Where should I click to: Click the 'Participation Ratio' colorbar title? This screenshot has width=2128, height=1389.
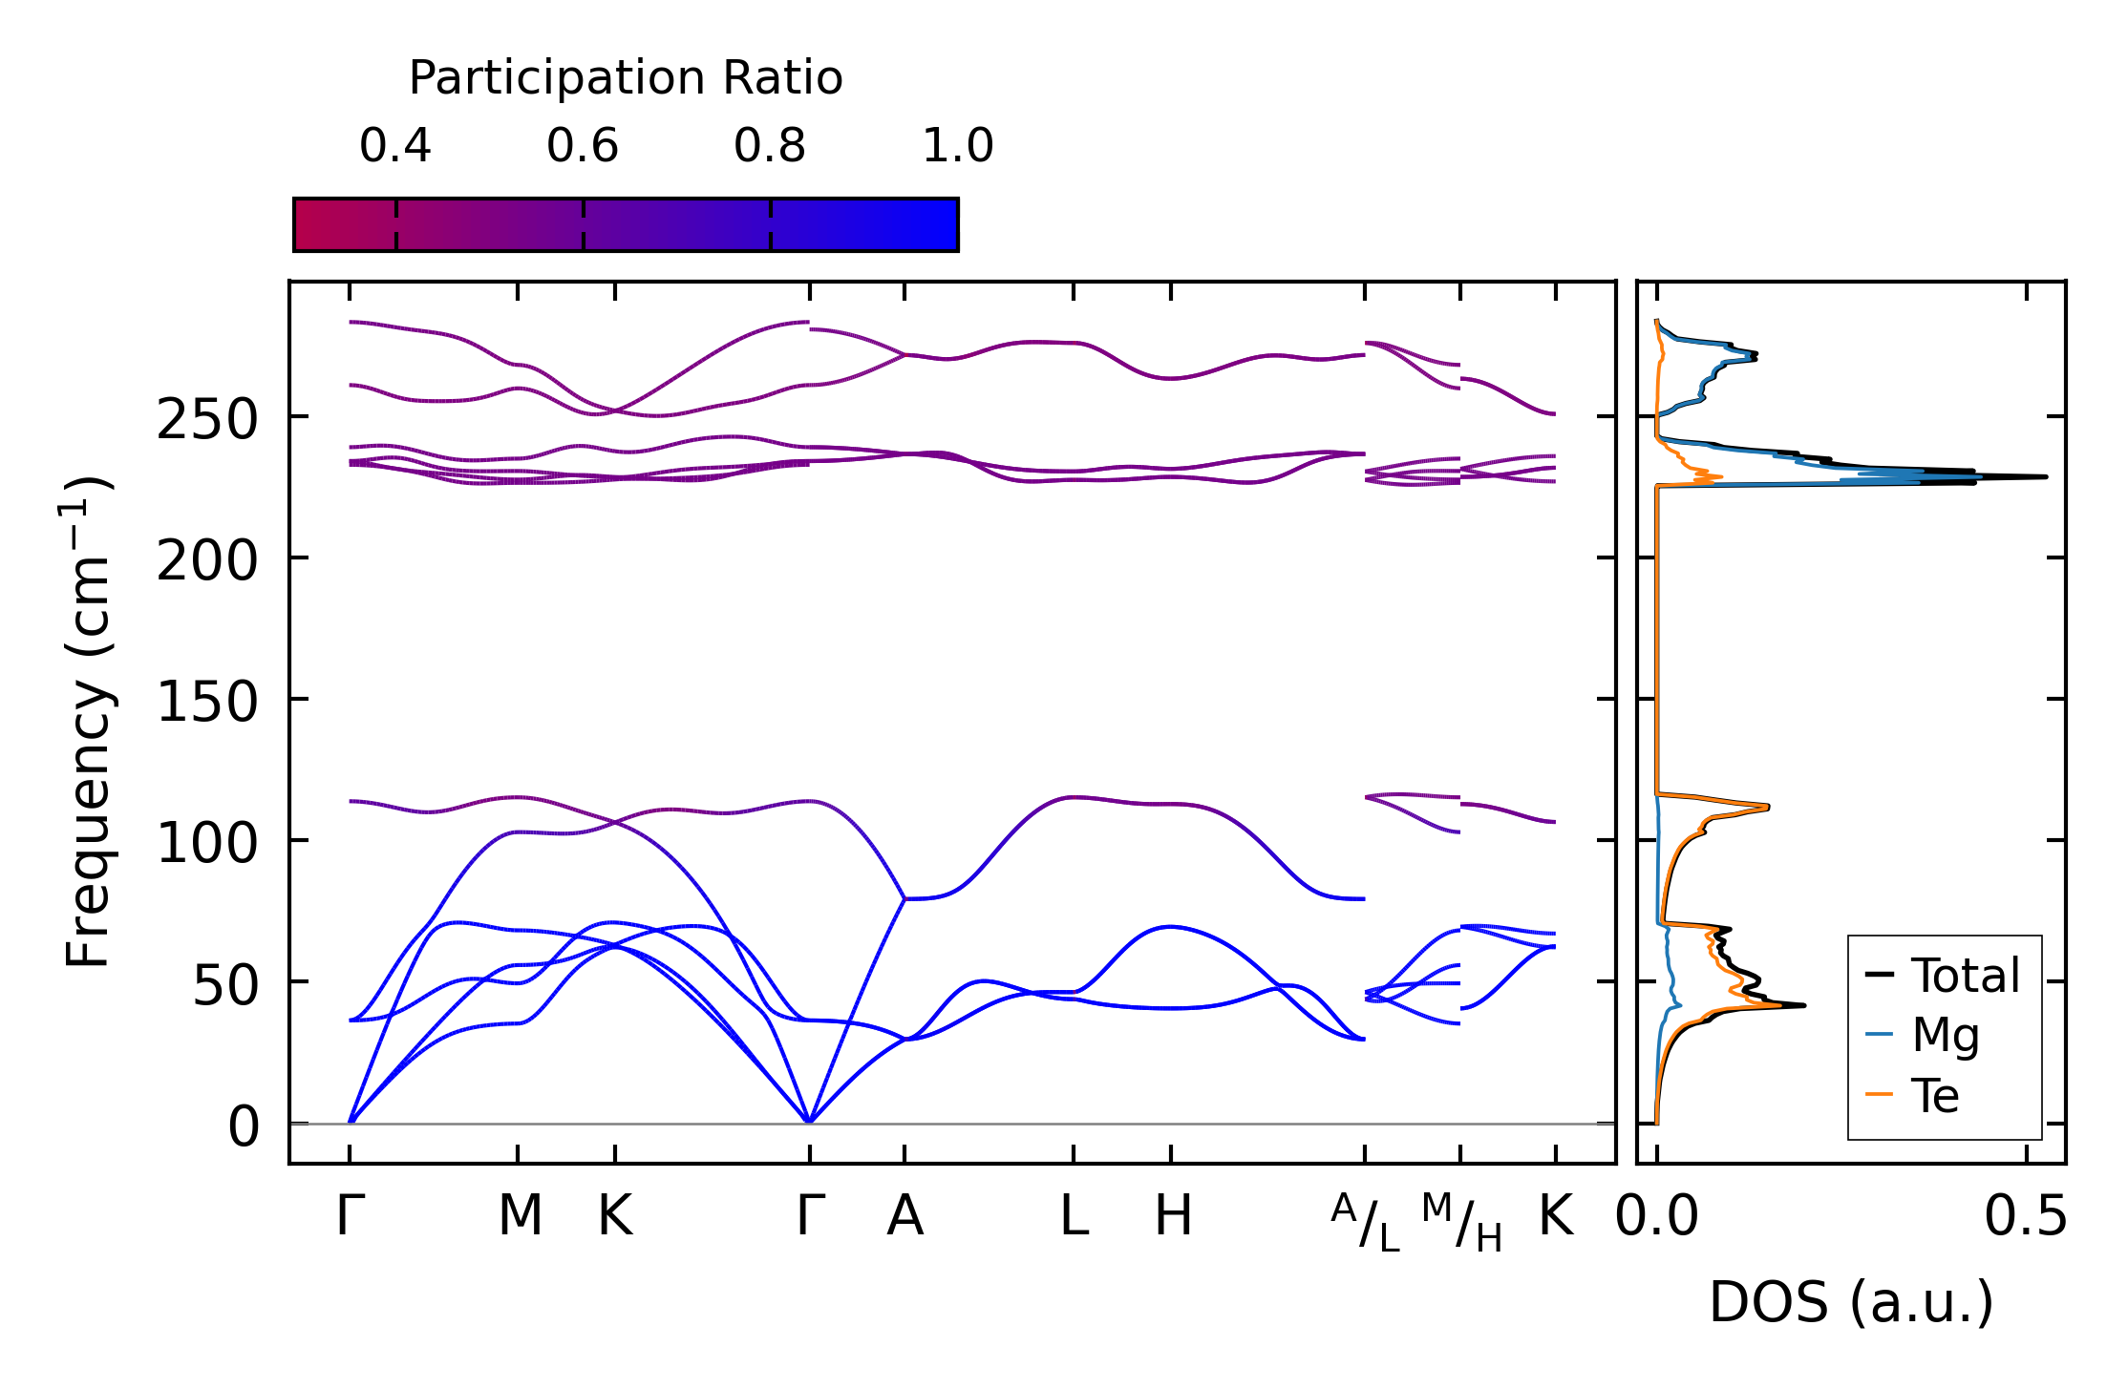point(626,78)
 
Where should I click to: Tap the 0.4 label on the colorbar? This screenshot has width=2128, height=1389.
point(395,147)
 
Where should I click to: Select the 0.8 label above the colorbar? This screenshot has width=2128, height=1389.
point(770,147)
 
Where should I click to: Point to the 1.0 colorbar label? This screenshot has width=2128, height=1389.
point(958,147)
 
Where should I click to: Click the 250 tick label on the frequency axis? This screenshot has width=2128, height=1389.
point(207,420)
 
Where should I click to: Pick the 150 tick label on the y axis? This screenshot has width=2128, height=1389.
point(207,703)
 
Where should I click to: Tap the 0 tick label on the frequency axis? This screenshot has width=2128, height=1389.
point(244,1127)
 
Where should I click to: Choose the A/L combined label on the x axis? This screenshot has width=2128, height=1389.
point(1365,1223)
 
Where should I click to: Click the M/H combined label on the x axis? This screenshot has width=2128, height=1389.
point(1461,1223)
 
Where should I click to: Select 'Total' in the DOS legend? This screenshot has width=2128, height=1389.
point(1965,976)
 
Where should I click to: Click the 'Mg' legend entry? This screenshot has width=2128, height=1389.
point(1946,1035)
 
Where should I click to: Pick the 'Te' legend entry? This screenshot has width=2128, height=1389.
point(1935,1095)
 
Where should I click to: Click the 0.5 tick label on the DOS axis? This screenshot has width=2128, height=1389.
point(2026,1218)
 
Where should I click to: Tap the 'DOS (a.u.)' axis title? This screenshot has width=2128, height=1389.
point(1851,1303)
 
